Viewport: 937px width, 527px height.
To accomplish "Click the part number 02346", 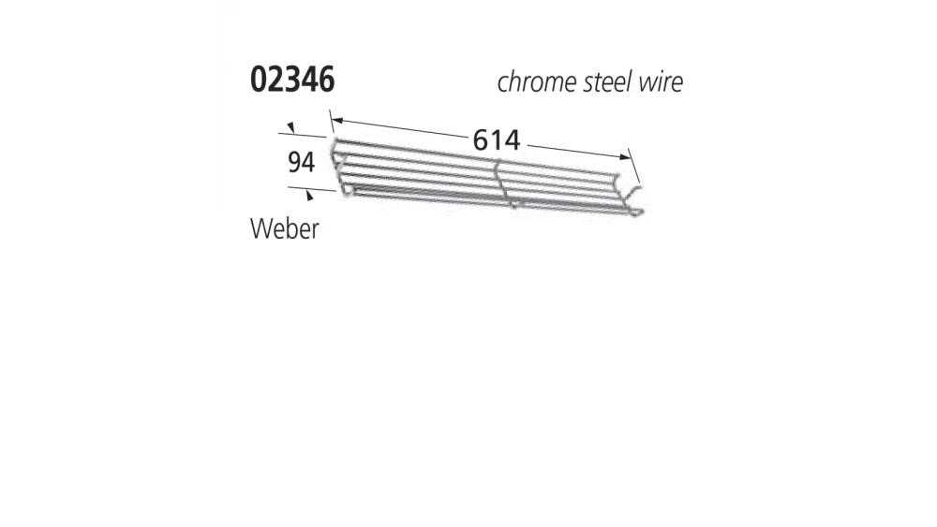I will [x=292, y=81].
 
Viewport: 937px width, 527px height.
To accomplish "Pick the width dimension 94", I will [x=300, y=163].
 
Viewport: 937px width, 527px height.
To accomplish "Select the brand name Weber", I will [x=284, y=228].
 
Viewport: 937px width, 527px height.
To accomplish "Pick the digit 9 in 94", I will [x=293, y=163].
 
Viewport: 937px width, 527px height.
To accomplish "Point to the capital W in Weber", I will [x=260, y=228].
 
